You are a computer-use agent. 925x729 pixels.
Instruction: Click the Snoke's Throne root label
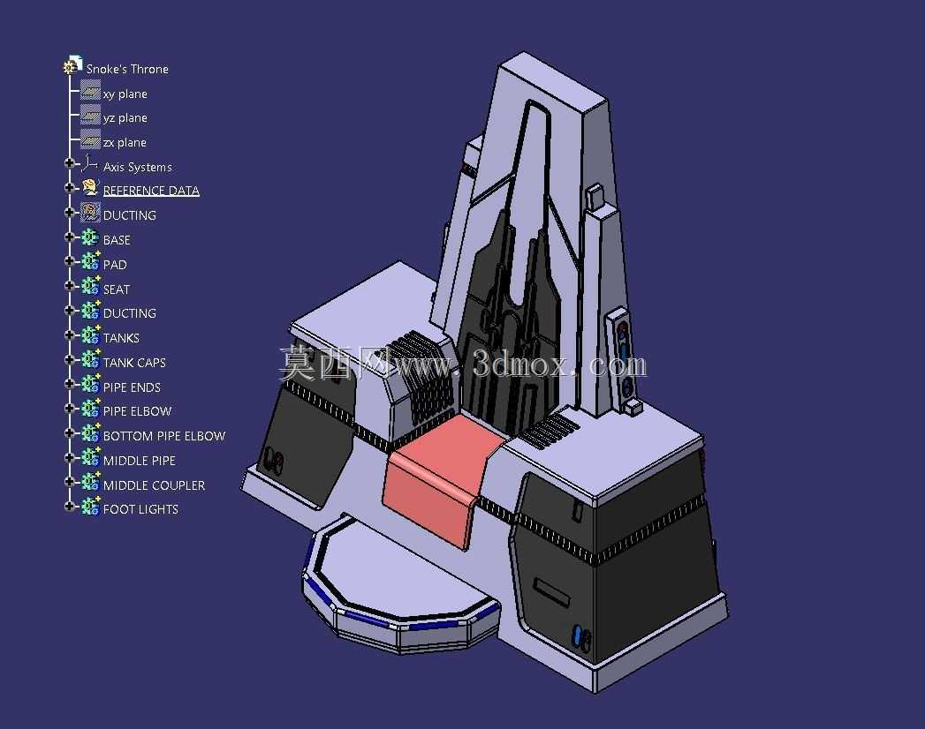click(127, 69)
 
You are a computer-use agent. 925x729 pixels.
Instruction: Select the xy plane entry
click(125, 94)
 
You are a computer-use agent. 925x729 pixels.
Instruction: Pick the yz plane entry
click(125, 118)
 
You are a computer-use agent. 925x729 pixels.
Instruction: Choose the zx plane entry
click(125, 143)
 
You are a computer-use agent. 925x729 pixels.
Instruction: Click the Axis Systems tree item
click(138, 168)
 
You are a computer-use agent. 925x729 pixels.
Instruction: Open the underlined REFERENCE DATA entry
click(151, 191)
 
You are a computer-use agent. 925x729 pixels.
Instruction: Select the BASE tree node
click(117, 240)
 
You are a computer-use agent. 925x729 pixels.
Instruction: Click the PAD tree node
click(115, 265)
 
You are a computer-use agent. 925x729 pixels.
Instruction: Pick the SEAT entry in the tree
click(117, 289)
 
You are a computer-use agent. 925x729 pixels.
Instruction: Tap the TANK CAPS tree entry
click(134, 363)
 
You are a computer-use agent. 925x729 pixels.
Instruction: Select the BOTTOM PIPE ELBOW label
click(164, 436)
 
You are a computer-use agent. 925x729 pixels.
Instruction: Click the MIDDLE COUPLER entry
click(154, 485)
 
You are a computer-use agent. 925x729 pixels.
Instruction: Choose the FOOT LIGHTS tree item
click(140, 509)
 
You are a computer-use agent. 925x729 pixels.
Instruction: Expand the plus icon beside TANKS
click(70, 335)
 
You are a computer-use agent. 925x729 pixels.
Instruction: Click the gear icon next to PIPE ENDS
click(90, 385)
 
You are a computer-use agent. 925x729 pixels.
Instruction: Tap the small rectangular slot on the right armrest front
click(551, 591)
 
